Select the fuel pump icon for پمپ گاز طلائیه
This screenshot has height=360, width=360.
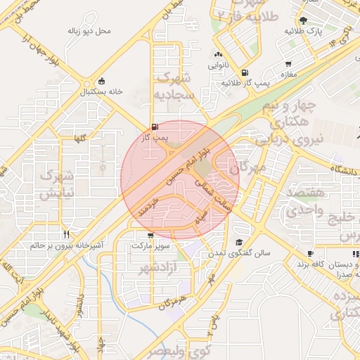(x=244, y=72)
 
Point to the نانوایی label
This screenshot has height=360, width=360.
(x=218, y=65)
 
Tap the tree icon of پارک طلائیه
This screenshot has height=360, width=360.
(x=304, y=20)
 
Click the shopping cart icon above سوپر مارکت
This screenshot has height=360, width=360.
(x=150, y=236)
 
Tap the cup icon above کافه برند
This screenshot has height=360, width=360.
(x=310, y=254)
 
